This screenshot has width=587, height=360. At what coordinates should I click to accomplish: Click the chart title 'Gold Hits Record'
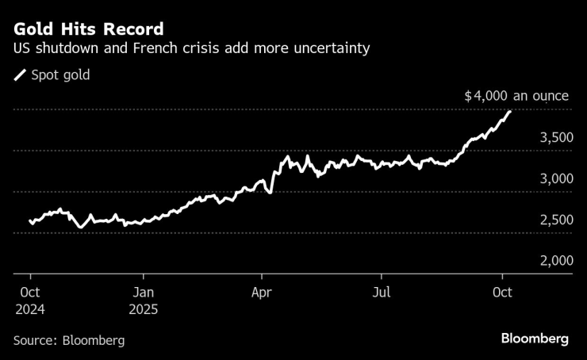pyautogui.click(x=89, y=29)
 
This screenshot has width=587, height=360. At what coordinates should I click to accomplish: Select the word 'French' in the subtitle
pyautogui.click(x=201, y=49)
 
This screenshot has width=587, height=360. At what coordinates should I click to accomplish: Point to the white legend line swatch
pyautogui.click(x=20, y=75)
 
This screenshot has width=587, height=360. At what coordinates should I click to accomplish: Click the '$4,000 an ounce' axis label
pyautogui.click(x=516, y=96)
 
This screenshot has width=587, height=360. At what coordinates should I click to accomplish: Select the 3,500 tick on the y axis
pyautogui.click(x=555, y=138)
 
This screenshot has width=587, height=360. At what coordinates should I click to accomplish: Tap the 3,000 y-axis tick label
pyautogui.click(x=555, y=179)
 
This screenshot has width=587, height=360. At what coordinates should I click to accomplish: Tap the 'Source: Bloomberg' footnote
pyautogui.click(x=69, y=340)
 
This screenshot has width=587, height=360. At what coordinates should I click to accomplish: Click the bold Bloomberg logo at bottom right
pyautogui.click(x=535, y=339)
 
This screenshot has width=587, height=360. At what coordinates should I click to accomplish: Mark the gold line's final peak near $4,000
pyautogui.click(x=509, y=111)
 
